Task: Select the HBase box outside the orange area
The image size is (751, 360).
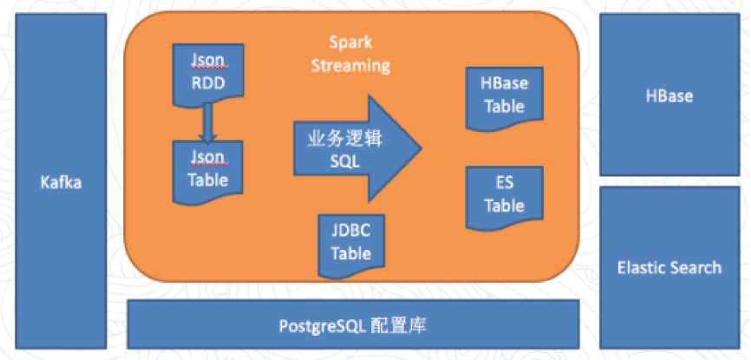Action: pyautogui.click(x=669, y=95)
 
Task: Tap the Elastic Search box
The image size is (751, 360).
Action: pyautogui.click(x=669, y=266)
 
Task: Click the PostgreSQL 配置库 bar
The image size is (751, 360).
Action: pyautogui.click(x=352, y=325)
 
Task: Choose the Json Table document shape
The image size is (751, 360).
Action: pyautogui.click(x=208, y=170)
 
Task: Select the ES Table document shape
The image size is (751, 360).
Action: pyautogui.click(x=504, y=195)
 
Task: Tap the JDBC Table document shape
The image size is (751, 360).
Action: pyautogui.click(x=351, y=244)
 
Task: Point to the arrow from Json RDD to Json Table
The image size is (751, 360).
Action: pyautogui.click(x=208, y=123)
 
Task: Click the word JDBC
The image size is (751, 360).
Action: pyautogui.click(x=351, y=232)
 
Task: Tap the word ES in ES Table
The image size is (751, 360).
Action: pyautogui.click(x=504, y=184)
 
